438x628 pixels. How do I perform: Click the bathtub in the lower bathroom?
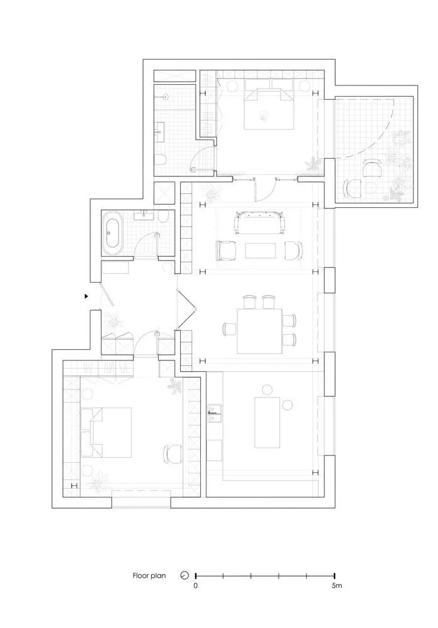tap(113, 234)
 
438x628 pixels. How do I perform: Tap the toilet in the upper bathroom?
tap(161, 160)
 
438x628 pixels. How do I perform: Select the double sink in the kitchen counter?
tap(215, 414)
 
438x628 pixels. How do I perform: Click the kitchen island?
tap(267, 422)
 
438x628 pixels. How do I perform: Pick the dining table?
tap(259, 331)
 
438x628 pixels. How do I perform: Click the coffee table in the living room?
tap(260, 251)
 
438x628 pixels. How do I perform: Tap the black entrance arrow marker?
tap(86, 296)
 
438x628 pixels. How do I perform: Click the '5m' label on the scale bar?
tap(337, 585)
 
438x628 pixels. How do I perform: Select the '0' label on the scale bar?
tap(195, 585)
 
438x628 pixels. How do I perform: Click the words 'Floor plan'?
tap(149, 576)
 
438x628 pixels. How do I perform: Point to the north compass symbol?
tap(184, 575)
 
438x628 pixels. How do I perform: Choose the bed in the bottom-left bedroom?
tap(107, 433)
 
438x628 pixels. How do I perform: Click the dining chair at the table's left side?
tap(230, 329)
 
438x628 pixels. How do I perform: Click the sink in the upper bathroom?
tap(159, 131)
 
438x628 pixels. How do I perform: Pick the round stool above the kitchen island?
tap(267, 389)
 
